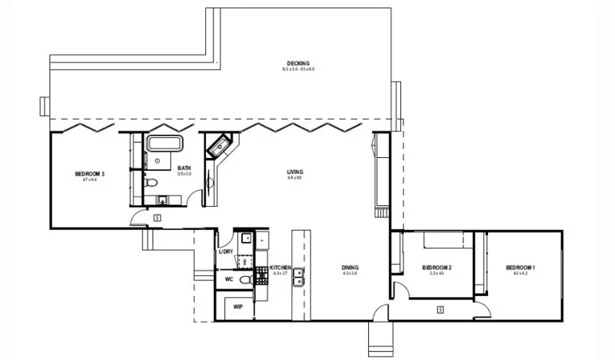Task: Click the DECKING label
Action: pyautogui.click(x=298, y=64)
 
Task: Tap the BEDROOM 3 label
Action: pyautogui.click(x=90, y=174)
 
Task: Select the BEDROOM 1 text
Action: pyautogui.click(x=521, y=267)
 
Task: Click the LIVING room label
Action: pyautogui.click(x=295, y=172)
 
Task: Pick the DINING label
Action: pyautogui.click(x=350, y=267)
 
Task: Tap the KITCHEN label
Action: pyautogui.click(x=280, y=267)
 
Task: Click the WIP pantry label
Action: pyautogui.click(x=238, y=306)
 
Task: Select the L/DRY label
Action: pyautogui.click(x=226, y=251)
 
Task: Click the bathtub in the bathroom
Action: pyautogui.click(x=165, y=144)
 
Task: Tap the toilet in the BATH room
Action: pyautogui.click(x=151, y=183)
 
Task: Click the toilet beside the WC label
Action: pyautogui.click(x=245, y=280)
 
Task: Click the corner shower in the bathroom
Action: pyautogui.click(x=217, y=146)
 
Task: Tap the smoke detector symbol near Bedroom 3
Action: pyautogui.click(x=157, y=216)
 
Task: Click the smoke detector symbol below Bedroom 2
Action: pyautogui.click(x=440, y=309)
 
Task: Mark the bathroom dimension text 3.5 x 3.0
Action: pyautogui.click(x=184, y=173)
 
